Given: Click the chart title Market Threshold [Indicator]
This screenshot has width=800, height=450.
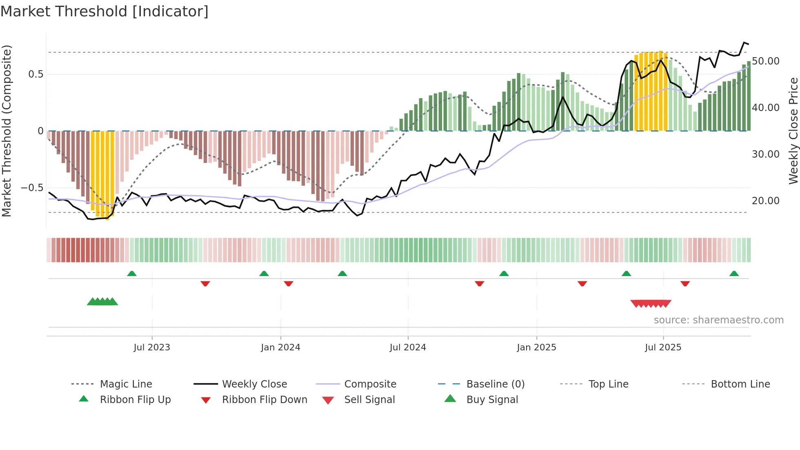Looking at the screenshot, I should coord(104,11).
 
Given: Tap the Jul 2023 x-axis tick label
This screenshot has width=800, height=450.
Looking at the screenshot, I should coord(152,348).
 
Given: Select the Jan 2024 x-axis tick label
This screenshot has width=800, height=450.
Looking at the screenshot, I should coord(280,348).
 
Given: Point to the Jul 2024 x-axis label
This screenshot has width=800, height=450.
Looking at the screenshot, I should coord(408,348).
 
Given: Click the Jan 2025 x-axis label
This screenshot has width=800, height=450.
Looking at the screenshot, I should coord(536,348).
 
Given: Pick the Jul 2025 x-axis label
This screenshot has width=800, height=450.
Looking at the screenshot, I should coord(663,348).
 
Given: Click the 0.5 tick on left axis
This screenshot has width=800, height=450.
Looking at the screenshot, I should coord(36,74).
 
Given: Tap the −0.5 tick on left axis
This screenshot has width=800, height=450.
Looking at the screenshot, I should coord(32,188).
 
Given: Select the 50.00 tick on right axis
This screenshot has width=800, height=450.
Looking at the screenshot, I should coord(766,61).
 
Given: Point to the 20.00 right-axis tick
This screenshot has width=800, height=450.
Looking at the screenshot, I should coord(766,201).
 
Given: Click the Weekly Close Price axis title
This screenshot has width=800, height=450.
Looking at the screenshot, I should coord(793,131).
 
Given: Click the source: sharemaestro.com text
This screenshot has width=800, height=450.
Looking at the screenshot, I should coord(718,320).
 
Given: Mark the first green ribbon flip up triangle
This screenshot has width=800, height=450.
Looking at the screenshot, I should coord(132,274).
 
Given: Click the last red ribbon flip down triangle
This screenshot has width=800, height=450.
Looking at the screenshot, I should coord(685,283).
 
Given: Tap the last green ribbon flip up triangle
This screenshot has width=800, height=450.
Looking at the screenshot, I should coord(734,274).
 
